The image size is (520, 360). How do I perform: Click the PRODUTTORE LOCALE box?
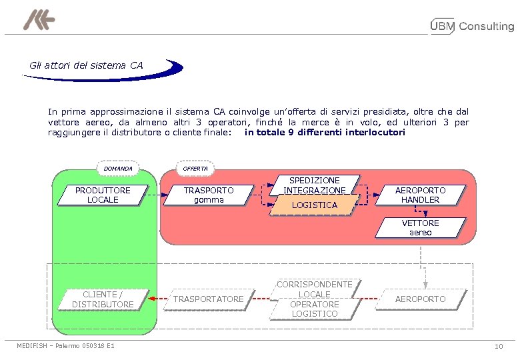103,195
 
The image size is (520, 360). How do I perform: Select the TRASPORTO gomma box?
209,195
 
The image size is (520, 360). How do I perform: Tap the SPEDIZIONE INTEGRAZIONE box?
315,185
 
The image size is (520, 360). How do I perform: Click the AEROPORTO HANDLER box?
421,195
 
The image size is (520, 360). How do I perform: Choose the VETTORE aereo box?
421,228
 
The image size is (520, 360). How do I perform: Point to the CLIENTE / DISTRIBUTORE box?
103,299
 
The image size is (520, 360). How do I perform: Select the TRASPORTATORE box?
209,299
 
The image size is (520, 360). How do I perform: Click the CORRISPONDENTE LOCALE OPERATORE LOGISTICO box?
315,299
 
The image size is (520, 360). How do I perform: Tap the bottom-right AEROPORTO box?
421,299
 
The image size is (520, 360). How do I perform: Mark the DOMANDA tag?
118,169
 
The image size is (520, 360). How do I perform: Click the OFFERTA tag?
195,169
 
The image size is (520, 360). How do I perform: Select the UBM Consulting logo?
473,27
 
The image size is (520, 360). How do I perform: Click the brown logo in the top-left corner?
39,21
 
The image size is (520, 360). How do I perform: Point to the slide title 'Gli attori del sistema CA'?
86,65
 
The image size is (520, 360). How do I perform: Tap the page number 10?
499,346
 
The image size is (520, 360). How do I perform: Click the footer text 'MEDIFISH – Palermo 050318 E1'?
65,346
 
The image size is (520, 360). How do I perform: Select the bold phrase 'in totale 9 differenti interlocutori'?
325,132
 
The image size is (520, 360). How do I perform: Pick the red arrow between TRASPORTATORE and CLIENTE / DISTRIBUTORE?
157,299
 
